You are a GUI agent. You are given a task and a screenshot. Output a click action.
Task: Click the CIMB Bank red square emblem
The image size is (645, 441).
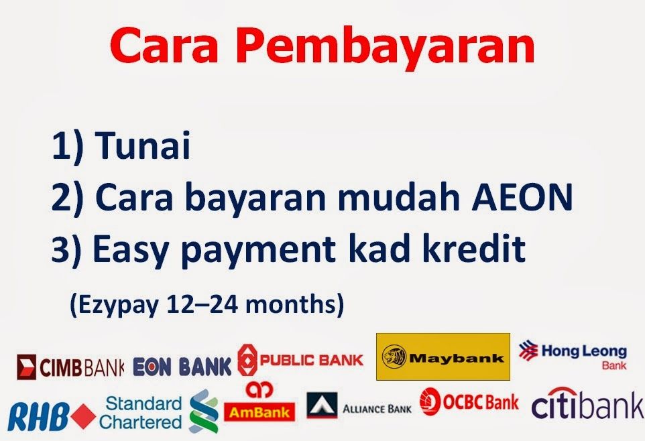click(x=26, y=367)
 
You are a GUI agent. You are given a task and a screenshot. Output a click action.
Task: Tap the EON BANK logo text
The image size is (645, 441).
click(x=182, y=366)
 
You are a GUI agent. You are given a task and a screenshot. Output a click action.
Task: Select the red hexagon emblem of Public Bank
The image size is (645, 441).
click(x=247, y=360)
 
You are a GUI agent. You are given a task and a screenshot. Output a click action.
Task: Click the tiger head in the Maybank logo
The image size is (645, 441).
click(x=394, y=357)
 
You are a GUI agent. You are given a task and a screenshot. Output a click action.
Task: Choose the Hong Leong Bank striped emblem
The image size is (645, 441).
click(x=528, y=350)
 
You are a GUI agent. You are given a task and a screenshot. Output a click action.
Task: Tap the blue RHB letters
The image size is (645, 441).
click(x=38, y=417)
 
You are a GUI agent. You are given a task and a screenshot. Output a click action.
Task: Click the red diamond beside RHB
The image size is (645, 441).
click(x=84, y=416)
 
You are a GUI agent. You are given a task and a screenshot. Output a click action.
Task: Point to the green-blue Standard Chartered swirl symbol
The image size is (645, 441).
click(x=204, y=411)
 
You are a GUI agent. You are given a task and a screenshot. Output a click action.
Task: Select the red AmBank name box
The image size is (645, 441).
click(x=259, y=412)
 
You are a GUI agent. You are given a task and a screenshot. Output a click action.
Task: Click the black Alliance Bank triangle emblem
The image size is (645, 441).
click(x=322, y=405)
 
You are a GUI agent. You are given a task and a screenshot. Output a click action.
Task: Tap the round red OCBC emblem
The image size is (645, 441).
click(x=430, y=401)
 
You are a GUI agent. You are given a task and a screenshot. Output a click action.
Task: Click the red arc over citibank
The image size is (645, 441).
click(x=563, y=392)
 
